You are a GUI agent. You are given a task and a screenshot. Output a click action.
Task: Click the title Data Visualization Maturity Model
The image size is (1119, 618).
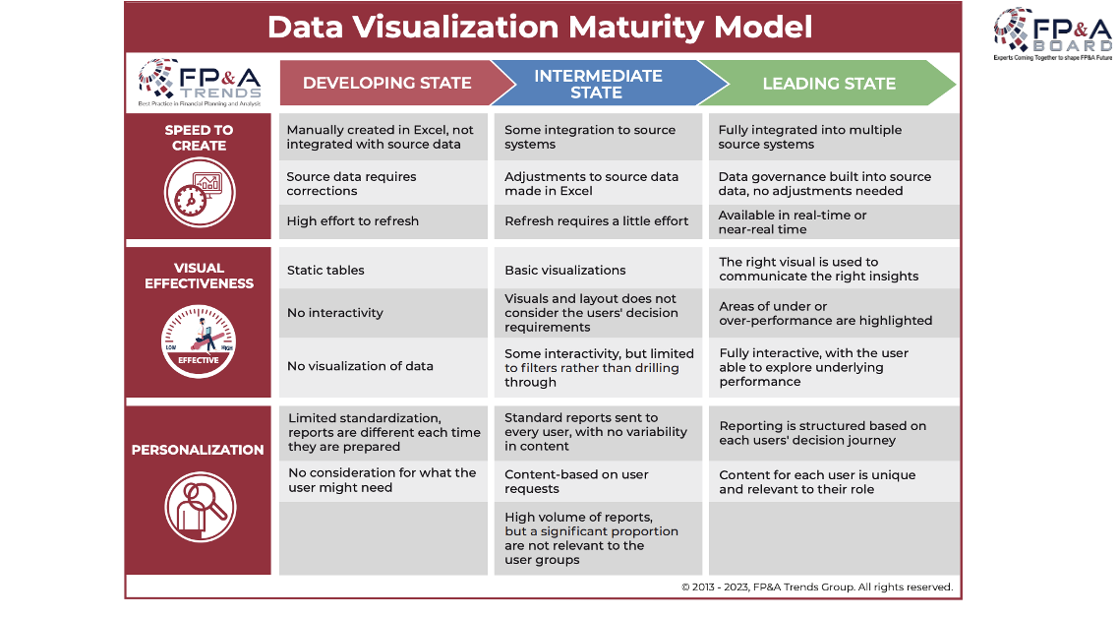[540, 28]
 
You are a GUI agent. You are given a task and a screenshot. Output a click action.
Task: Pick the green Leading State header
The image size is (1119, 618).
[828, 84]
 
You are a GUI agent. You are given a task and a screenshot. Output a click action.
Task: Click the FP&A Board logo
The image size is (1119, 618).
[1053, 34]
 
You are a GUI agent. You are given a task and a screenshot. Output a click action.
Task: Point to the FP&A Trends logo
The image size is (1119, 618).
[199, 83]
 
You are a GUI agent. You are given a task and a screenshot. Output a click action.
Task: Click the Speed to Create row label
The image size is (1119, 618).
[199, 137]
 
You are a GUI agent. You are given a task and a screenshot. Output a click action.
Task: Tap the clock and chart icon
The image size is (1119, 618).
[199, 193]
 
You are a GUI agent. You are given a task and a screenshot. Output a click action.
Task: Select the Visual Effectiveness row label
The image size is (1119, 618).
[199, 276]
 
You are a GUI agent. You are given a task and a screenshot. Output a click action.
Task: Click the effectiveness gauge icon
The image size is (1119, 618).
[199, 341]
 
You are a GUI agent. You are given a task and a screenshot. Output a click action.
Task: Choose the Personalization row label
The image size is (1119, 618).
[198, 450]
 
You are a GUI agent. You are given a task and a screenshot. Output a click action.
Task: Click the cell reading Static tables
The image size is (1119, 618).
[383, 270]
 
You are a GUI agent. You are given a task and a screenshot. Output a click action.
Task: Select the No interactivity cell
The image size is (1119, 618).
[383, 313]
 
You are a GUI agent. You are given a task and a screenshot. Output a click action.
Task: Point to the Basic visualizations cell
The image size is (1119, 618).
[598, 270]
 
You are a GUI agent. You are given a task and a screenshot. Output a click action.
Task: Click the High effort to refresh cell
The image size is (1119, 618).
[383, 221]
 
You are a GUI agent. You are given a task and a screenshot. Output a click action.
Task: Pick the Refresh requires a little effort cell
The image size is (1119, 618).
[598, 221]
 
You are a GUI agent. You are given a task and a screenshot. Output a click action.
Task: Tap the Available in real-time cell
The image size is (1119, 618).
[834, 222]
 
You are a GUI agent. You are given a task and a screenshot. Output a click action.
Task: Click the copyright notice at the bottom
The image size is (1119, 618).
[817, 587]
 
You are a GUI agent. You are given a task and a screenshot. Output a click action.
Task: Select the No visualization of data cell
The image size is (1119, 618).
[383, 366]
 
